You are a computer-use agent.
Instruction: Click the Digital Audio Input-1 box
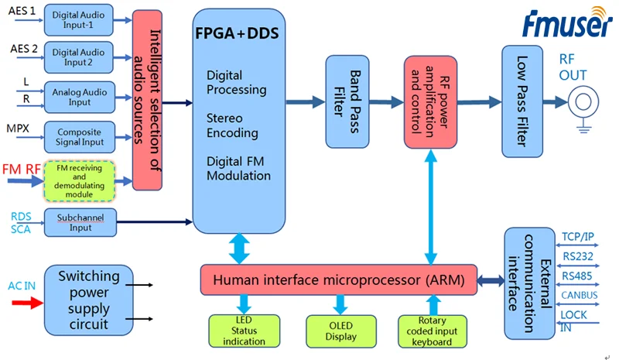(78, 19)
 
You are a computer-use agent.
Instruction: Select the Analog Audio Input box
(78, 98)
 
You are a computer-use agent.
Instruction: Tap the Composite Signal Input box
(78, 137)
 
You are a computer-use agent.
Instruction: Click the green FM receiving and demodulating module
(79, 180)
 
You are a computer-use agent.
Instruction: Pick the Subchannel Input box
(79, 222)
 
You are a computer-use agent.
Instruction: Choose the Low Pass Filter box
(522, 99)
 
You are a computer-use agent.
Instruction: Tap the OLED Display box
(340, 331)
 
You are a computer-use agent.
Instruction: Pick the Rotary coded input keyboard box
(433, 331)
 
